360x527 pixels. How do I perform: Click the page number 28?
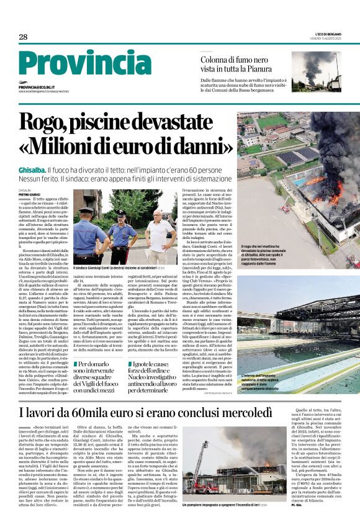tap(23, 37)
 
